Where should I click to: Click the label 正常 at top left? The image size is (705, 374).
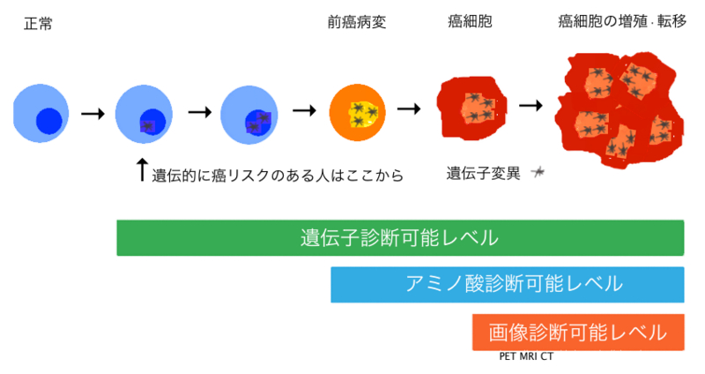(37, 24)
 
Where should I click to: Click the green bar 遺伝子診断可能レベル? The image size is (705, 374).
(400, 238)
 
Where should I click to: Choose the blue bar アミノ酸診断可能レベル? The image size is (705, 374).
(507, 284)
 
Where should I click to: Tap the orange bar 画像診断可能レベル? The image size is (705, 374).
(578, 332)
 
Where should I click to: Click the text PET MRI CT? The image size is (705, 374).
(526, 356)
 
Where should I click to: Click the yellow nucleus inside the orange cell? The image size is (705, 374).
(364, 113)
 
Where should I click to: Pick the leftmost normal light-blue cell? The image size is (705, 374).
(40, 113)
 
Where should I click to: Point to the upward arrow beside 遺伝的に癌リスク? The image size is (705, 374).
(142, 170)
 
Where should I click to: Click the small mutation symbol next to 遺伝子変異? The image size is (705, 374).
(537, 173)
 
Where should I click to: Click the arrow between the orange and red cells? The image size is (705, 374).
(409, 109)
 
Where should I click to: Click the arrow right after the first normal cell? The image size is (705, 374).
(93, 113)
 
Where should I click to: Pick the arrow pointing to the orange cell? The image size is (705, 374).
(304, 111)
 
